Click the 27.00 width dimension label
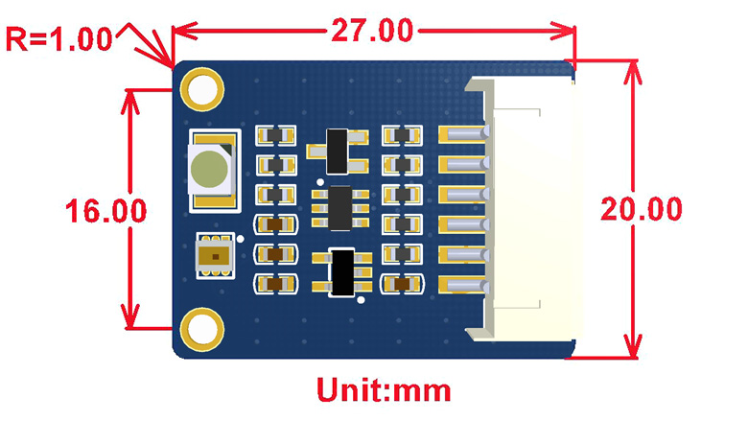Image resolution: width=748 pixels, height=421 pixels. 372,31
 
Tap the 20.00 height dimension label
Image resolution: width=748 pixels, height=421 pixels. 642,209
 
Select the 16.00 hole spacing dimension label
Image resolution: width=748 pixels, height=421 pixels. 105,211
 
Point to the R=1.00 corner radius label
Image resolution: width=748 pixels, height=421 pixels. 58,38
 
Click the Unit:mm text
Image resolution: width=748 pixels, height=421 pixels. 384,390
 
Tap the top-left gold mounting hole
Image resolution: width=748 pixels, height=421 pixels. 201,89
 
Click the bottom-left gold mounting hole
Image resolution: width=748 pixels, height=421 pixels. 201,330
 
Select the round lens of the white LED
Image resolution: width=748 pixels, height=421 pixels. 209,169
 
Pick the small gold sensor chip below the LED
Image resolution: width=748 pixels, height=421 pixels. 215,256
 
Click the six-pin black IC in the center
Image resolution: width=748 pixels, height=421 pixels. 340,208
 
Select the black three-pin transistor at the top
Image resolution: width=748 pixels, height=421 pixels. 338,152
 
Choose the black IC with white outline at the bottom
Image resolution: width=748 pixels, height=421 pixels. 342,272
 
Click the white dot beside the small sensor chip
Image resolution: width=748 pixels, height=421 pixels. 241,239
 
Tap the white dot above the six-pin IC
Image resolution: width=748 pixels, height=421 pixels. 320,182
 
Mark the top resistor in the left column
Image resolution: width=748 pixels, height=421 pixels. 275,136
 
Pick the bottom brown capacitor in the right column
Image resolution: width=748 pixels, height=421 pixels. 402,284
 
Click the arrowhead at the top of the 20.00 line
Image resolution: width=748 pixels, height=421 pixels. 632,72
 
